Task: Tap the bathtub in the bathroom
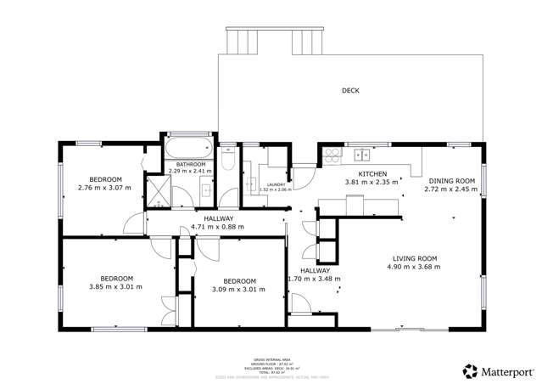click(185, 150)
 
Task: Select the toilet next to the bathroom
click(226, 159)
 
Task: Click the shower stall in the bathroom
click(159, 192)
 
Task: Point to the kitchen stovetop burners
click(331, 155)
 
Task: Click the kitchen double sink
click(362, 155)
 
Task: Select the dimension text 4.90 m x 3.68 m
click(415, 267)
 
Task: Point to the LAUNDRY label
click(274, 184)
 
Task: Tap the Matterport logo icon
click(469, 370)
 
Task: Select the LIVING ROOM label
click(415, 258)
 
